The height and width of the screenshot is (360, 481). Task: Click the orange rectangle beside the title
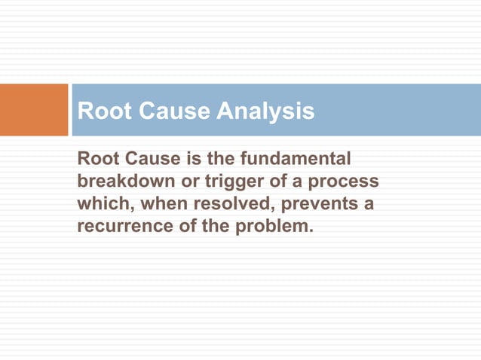click(34, 110)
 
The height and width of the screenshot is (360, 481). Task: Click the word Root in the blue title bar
click(102, 112)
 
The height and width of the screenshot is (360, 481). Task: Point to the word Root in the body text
click(97, 160)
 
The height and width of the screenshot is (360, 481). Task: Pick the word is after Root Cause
click(187, 160)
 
